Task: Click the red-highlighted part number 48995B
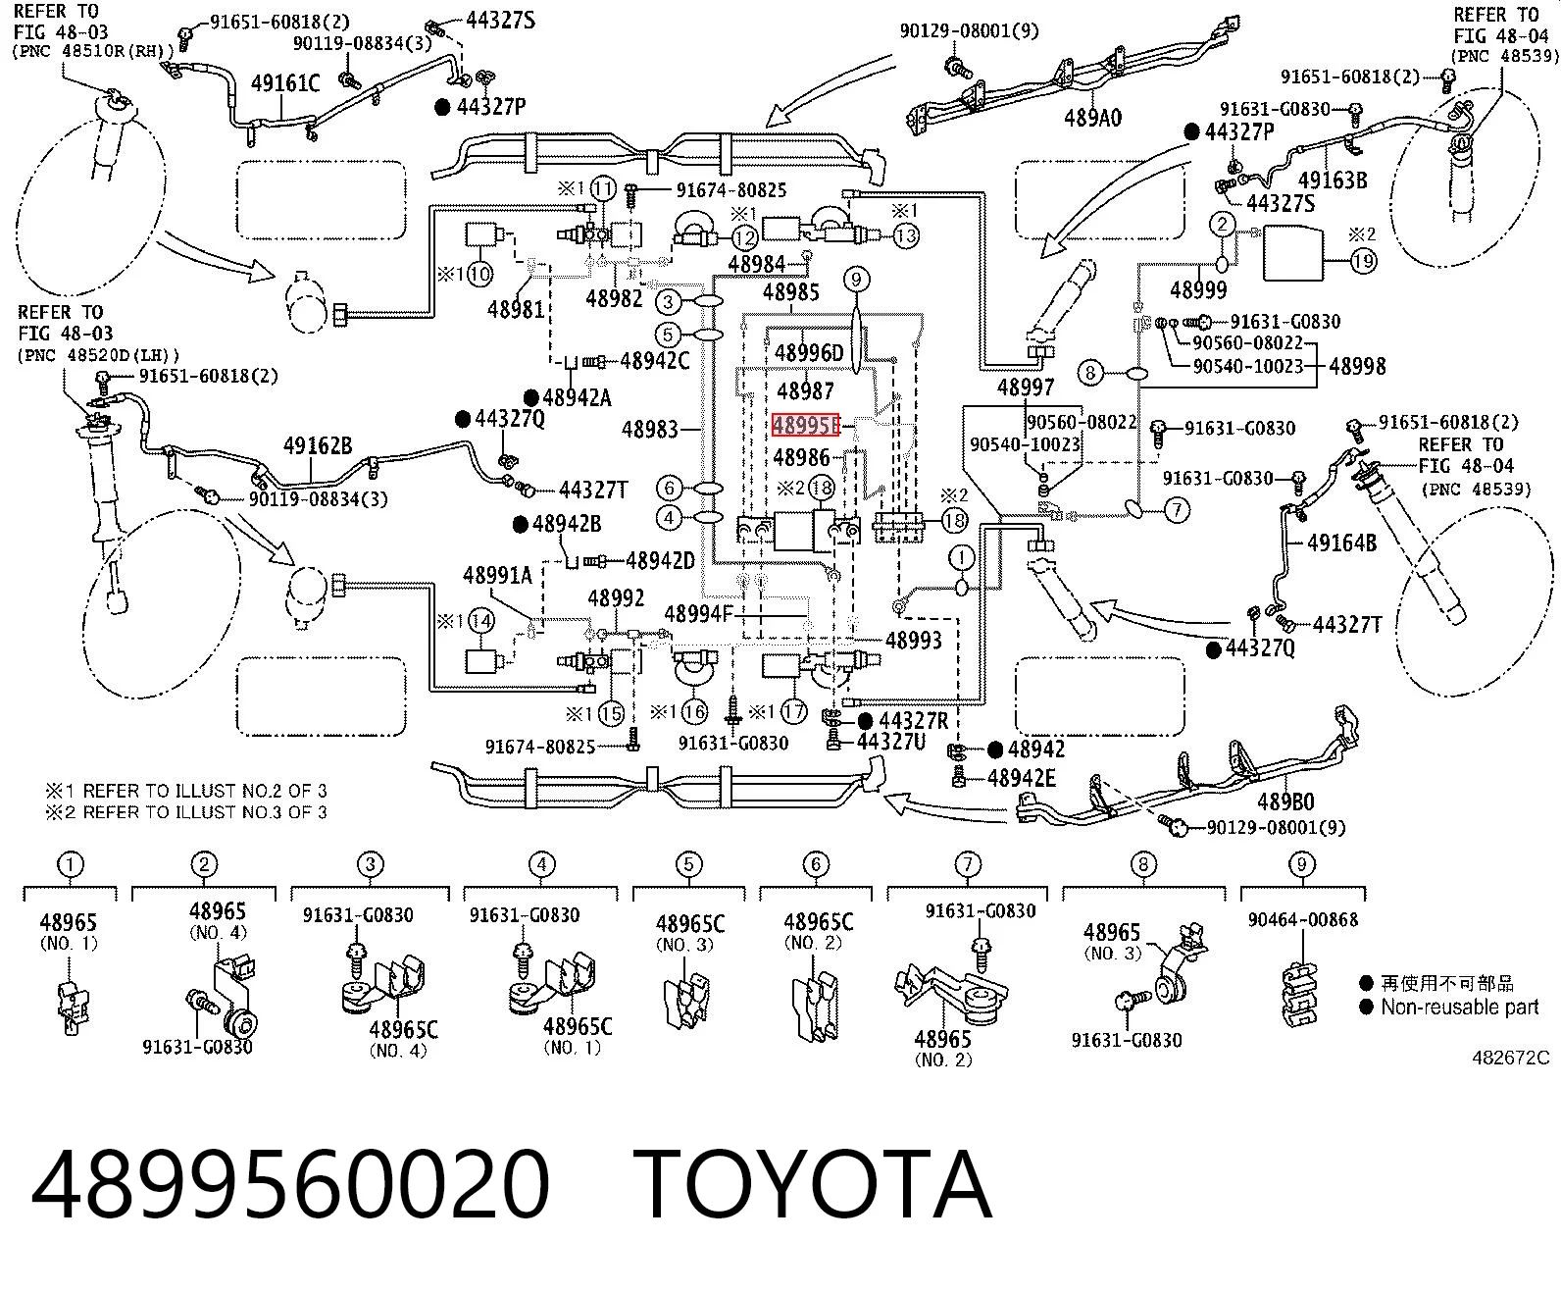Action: [806, 425]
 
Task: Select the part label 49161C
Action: [284, 83]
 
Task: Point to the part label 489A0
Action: [1092, 118]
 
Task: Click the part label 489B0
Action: [1285, 802]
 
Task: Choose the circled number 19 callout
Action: [1364, 260]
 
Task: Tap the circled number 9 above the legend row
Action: [1301, 864]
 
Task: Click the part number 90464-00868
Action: [1302, 919]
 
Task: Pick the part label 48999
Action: [1197, 289]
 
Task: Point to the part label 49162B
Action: [318, 446]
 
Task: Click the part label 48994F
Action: [698, 614]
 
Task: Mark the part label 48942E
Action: [1022, 778]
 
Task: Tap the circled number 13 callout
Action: [905, 236]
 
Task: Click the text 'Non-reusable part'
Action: [1459, 1008]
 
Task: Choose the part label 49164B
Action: [1341, 542]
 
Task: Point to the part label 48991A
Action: [497, 575]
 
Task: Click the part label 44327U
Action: [891, 742]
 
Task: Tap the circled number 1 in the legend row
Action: [70, 865]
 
